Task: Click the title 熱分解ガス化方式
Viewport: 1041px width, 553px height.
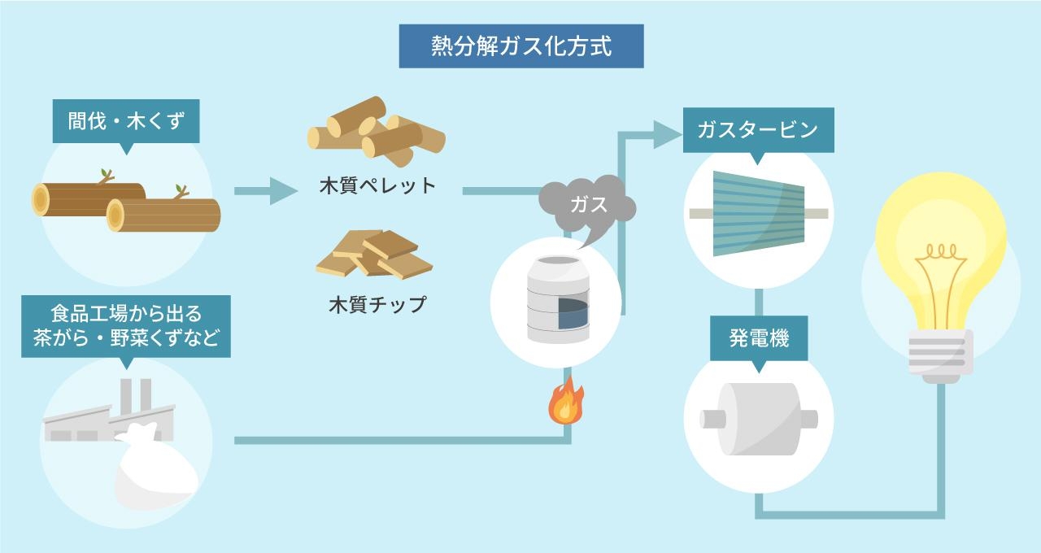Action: (x=520, y=46)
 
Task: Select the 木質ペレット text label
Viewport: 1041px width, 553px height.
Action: (x=377, y=185)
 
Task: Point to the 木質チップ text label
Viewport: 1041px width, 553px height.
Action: (x=377, y=304)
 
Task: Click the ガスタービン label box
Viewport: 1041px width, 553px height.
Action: (x=757, y=130)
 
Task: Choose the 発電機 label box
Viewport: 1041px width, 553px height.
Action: (x=759, y=338)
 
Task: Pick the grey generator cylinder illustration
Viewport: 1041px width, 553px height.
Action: (x=759, y=418)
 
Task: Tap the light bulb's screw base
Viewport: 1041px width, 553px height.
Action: (x=940, y=356)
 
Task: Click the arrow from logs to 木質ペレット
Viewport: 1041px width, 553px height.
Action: (x=265, y=192)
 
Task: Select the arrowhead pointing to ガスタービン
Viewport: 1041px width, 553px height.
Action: (x=667, y=134)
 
